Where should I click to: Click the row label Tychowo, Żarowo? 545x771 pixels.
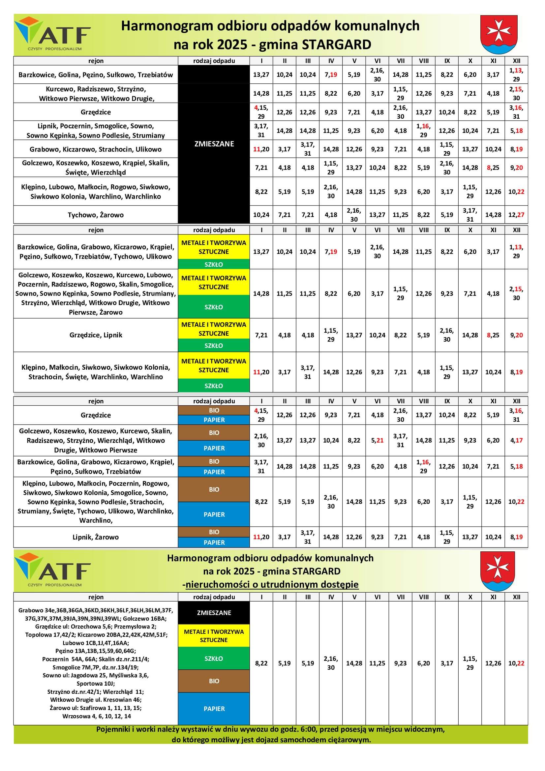pos(96,215)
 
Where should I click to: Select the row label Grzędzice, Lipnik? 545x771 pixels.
pos(96,335)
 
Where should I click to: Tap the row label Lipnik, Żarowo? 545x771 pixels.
pos(96,537)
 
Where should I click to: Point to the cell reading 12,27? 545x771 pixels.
pos(516,215)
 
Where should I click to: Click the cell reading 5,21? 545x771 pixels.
pos(377,440)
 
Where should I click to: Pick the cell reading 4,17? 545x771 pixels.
pos(516,440)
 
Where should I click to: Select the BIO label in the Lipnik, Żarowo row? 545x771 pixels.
pos(214,532)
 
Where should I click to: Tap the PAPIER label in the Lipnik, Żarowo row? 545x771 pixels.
pos(214,542)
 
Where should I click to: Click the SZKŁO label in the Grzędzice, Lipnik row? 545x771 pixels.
pos(214,346)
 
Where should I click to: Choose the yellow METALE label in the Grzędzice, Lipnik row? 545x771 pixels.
pos(214,329)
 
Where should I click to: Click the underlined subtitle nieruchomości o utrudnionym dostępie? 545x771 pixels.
pos(272,585)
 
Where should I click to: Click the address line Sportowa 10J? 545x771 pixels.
pos(96,683)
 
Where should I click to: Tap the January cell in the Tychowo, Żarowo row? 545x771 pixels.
pos(261,215)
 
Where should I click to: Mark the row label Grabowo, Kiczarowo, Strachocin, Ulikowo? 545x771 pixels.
pos(96,149)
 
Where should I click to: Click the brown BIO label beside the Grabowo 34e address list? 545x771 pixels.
pos(214,681)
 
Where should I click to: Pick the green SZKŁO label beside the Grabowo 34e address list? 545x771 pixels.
pos(214,659)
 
